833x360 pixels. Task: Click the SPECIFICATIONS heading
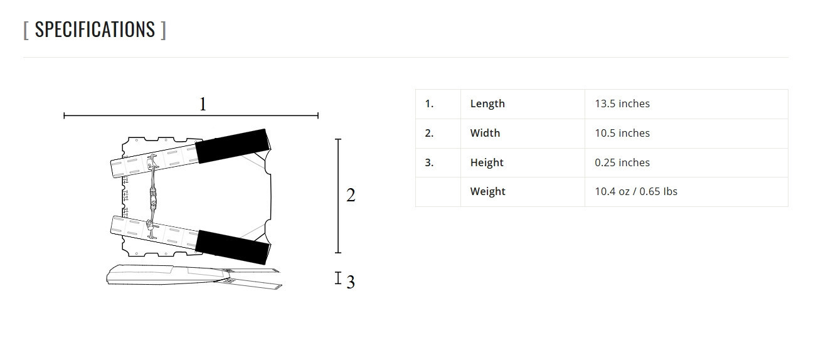[95, 29]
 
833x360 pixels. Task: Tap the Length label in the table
[487, 103]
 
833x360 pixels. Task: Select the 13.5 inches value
[622, 103]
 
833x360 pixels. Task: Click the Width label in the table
[485, 133]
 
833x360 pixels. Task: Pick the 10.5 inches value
[622, 133]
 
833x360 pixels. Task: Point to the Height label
[487, 162]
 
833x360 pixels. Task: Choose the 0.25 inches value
[622, 162]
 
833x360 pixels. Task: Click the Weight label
[487, 191]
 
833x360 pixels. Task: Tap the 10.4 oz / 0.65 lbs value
[636, 191]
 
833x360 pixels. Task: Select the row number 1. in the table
[429, 103]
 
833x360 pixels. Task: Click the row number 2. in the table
[429, 133]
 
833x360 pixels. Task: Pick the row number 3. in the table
[429, 162]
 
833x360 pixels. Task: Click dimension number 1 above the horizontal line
[203, 104]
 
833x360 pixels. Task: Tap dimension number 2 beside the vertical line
[351, 195]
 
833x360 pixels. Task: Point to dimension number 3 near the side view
[351, 282]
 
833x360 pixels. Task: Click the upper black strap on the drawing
[233, 146]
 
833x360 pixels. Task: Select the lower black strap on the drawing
[233, 247]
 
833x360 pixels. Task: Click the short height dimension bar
[337, 278]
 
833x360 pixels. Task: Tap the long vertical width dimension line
[338, 196]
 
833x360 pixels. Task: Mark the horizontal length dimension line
[191, 115]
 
